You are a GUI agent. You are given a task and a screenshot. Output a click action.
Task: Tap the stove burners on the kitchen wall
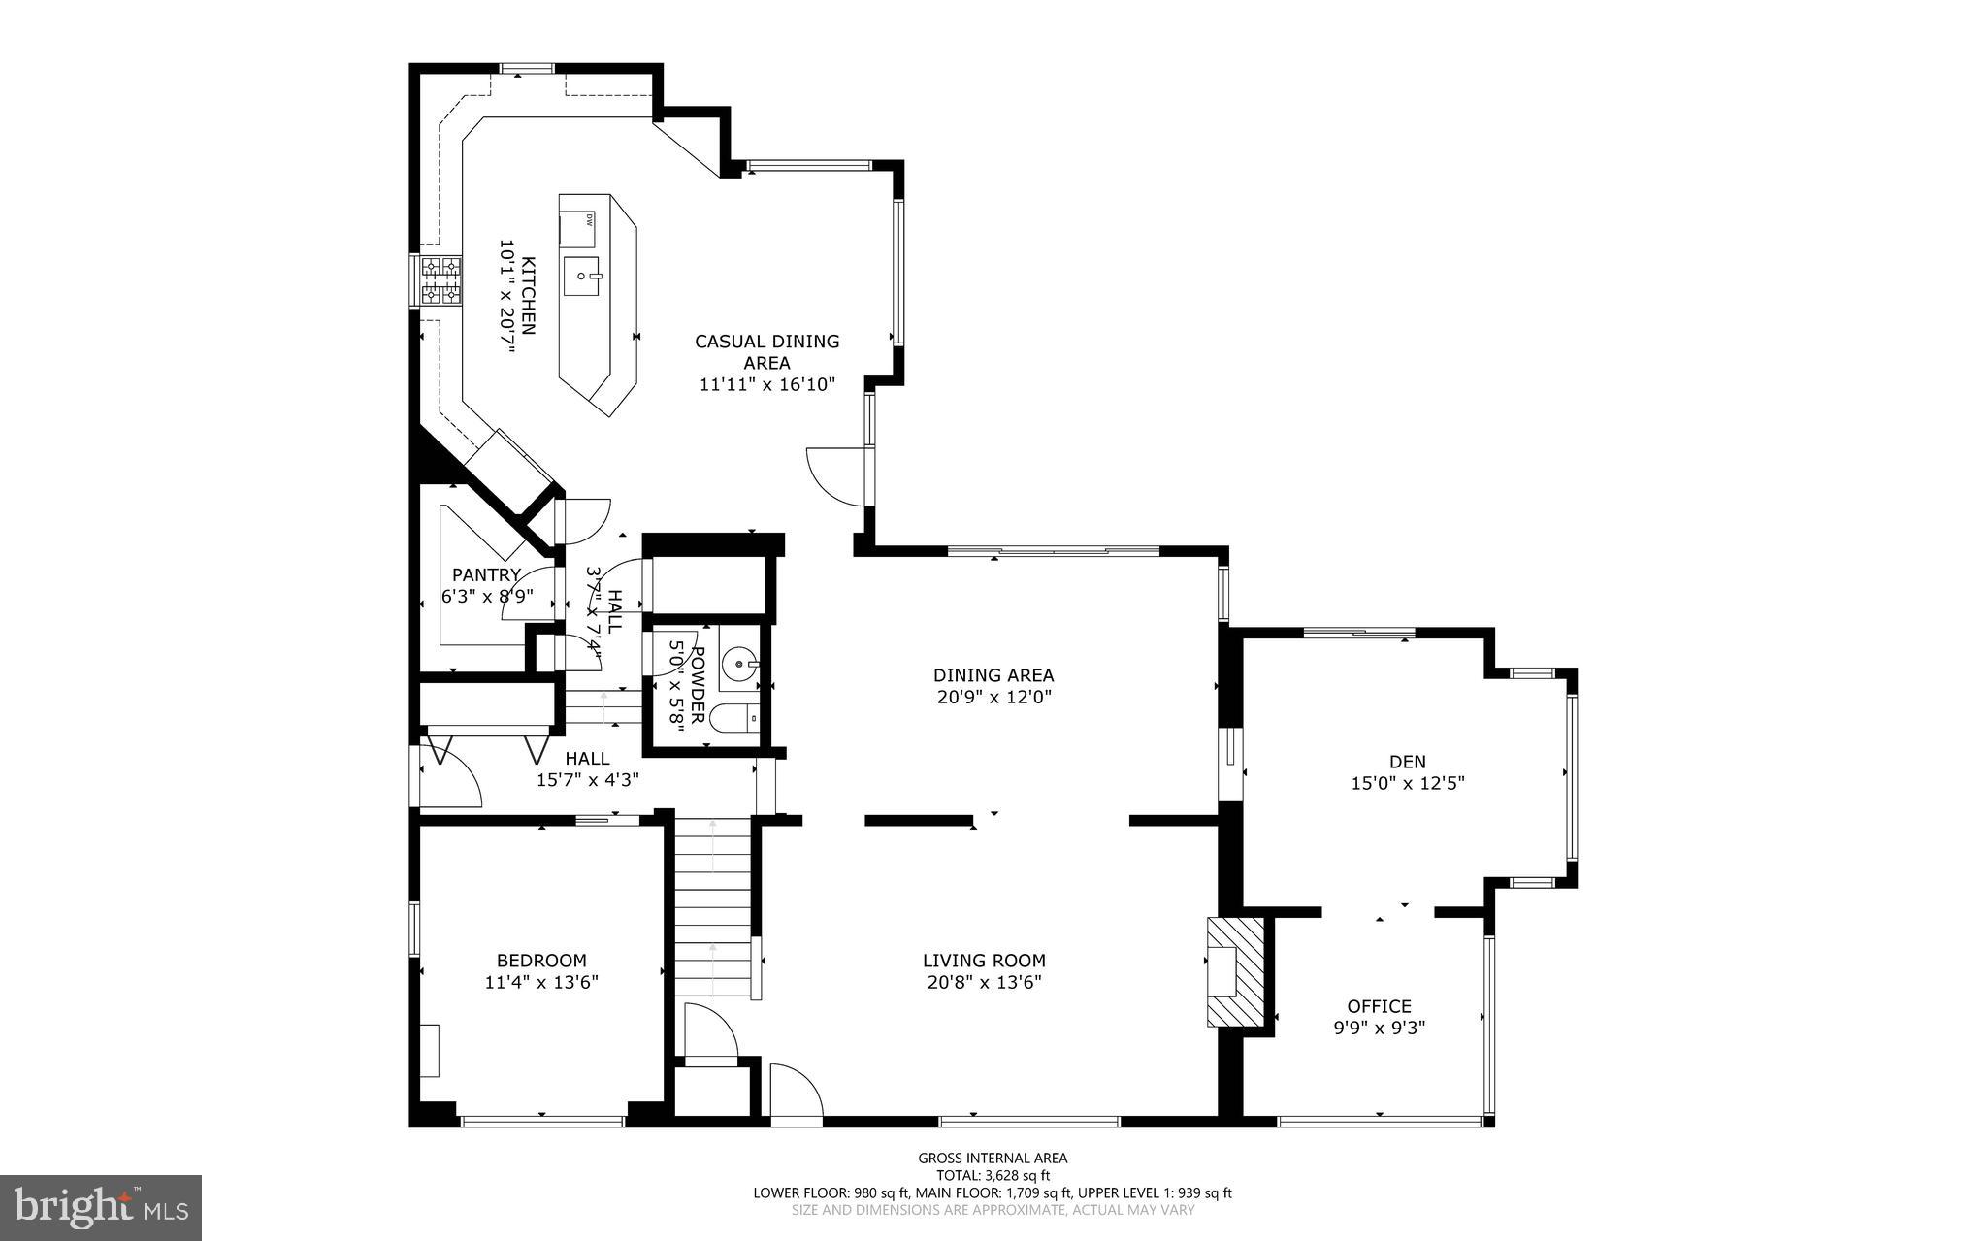440,279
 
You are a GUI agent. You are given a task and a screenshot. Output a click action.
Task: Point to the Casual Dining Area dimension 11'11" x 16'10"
766,384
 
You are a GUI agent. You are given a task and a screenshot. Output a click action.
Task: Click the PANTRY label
486,574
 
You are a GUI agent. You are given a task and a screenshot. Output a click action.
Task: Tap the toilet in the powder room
734,719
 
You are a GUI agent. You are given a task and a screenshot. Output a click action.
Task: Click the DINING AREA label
993,675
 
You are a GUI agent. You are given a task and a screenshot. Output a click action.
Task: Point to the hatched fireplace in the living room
1235,971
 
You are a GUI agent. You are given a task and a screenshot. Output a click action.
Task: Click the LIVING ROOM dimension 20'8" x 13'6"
984,982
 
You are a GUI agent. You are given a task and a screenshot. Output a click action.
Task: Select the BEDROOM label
541,961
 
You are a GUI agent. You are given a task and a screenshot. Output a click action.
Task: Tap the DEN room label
1407,762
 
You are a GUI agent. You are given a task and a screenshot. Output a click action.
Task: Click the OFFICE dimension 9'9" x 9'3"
1379,1028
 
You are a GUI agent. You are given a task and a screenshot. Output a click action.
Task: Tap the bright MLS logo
101,1206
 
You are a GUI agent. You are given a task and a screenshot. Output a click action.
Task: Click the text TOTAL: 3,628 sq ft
993,1175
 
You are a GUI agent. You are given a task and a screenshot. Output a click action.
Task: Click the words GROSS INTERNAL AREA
993,1158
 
